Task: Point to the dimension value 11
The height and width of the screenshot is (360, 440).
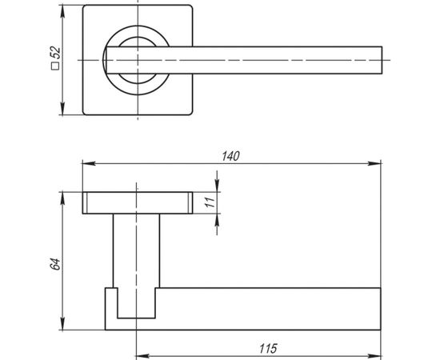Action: click(210, 203)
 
